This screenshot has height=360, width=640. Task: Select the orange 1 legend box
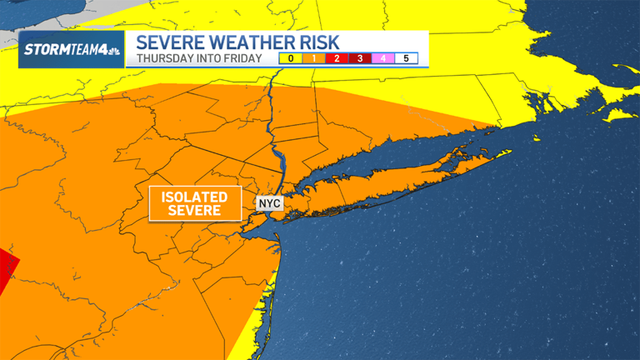312,58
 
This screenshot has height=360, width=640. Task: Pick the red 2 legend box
336,58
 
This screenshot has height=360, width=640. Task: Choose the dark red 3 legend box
359,58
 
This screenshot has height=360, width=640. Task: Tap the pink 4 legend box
382,58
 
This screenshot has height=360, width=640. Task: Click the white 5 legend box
406,58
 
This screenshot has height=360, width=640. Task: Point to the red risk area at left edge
7,271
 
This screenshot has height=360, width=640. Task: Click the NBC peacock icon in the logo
112,50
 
